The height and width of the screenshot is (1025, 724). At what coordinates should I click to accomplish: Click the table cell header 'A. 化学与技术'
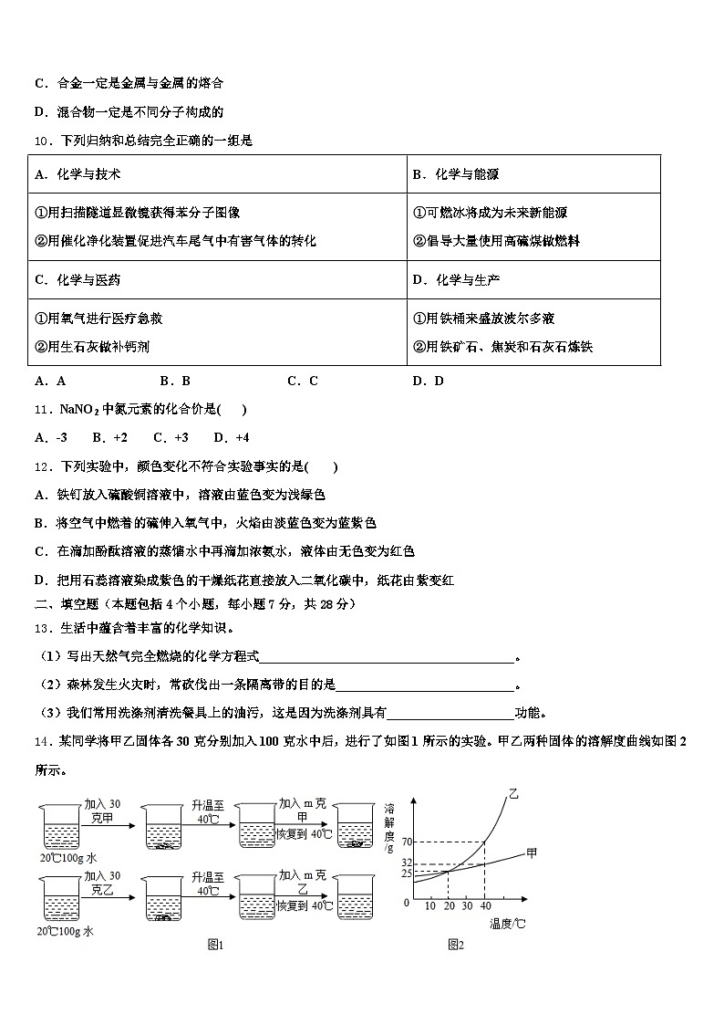click(78, 174)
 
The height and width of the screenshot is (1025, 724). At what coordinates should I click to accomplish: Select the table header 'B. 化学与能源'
click(455, 174)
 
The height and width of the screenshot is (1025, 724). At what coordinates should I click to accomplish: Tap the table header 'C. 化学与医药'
click(78, 279)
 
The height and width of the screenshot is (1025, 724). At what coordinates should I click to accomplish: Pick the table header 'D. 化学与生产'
click(455, 279)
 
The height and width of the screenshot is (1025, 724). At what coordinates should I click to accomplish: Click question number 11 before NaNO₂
click(42, 410)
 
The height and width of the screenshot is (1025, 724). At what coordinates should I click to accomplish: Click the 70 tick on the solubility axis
click(407, 841)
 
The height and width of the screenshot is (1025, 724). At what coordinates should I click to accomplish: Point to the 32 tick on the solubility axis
click(407, 863)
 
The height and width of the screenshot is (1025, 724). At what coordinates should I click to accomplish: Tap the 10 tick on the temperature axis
click(429, 905)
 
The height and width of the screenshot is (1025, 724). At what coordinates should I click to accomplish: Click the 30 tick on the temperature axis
click(466, 905)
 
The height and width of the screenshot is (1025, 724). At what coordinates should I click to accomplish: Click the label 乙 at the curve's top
click(512, 796)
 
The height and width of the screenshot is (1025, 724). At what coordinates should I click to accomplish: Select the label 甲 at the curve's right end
click(532, 853)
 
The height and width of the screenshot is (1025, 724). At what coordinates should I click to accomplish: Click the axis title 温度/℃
click(506, 924)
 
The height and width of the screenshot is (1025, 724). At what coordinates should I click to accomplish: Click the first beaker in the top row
click(61, 826)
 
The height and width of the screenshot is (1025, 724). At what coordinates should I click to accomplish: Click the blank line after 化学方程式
click(388, 657)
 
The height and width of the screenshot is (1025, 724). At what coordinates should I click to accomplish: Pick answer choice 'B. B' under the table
click(174, 382)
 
